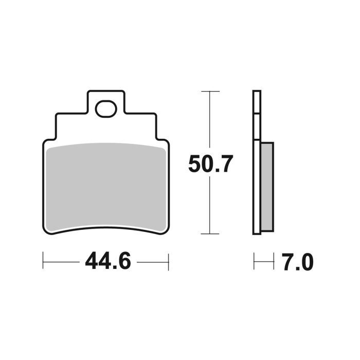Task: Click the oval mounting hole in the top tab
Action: pyautogui.click(x=106, y=109)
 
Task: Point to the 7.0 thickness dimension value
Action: pyautogui.click(x=297, y=262)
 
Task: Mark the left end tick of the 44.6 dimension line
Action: pyautogui.click(x=43, y=262)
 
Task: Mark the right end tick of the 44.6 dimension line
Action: pyautogui.click(x=169, y=262)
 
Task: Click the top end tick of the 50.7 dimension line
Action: pyautogui.click(x=210, y=91)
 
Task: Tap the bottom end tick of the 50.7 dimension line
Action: pyautogui.click(x=210, y=233)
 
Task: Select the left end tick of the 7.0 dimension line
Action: pyautogui.click(x=254, y=262)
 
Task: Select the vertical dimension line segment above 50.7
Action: pyautogui.click(x=210, y=121)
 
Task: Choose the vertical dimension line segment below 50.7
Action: pyautogui.click(x=210, y=206)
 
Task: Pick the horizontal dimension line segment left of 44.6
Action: pyautogui.click(x=62, y=262)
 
